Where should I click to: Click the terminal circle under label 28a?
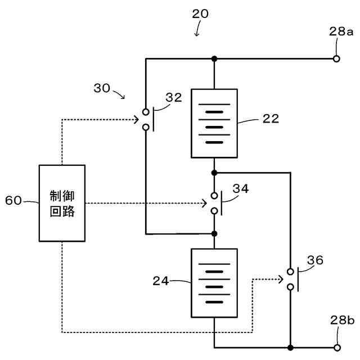(x=336, y=58)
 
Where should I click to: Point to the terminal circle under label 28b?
(x=337, y=348)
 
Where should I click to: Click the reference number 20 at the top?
(x=200, y=13)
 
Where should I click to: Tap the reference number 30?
(x=102, y=88)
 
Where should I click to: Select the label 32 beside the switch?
(x=174, y=97)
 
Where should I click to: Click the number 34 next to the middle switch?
(x=241, y=189)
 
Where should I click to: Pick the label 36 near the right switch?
(x=315, y=260)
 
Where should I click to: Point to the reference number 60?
(x=13, y=200)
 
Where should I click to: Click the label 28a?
(x=341, y=31)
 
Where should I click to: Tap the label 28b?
(x=343, y=320)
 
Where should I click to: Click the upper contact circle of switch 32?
(x=146, y=112)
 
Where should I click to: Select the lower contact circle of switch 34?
(x=214, y=211)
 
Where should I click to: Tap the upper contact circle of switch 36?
(x=290, y=272)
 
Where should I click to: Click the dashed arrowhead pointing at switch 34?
(x=204, y=203)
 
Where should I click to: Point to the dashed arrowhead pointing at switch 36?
(x=280, y=280)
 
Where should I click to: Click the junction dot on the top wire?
(x=214, y=58)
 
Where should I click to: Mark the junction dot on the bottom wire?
(x=290, y=348)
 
